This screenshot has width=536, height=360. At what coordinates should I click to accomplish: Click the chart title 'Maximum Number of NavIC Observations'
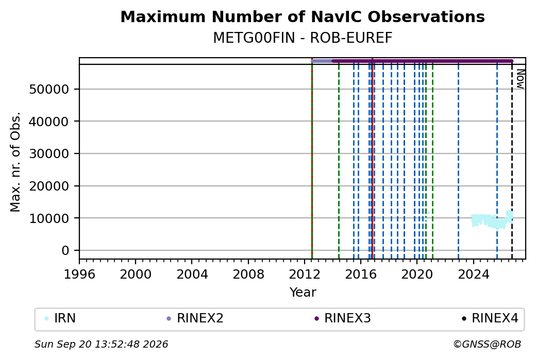[x=303, y=16]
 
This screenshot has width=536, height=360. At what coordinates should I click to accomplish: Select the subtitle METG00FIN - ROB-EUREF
[x=303, y=38]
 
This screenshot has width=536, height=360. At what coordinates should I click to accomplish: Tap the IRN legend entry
[x=60, y=318]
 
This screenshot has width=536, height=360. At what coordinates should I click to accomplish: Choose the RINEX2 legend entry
[x=195, y=318]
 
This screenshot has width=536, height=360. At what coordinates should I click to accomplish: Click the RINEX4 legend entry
[x=490, y=318]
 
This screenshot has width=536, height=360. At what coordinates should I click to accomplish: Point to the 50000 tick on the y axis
[x=49, y=90]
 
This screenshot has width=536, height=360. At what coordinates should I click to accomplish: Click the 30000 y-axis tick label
[x=49, y=153]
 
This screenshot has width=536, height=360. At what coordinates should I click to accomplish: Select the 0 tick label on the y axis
[x=65, y=251]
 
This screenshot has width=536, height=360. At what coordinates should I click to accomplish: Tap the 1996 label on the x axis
[x=79, y=275]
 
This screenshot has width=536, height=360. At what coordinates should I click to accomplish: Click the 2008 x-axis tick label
[x=248, y=275]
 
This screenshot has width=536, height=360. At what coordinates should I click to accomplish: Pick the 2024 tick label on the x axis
[x=474, y=275]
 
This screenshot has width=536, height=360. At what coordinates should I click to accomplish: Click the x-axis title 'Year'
[x=303, y=293]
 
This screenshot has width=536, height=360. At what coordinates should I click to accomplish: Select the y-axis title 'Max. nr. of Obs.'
[x=15, y=162]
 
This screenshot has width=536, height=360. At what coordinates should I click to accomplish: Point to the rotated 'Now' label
[x=520, y=79]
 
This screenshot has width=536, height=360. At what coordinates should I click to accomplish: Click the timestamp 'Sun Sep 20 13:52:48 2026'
[x=102, y=344]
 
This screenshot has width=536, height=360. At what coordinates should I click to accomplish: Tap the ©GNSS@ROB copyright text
[x=487, y=344]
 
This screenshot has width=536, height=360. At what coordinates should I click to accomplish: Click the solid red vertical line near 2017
[x=372, y=159]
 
